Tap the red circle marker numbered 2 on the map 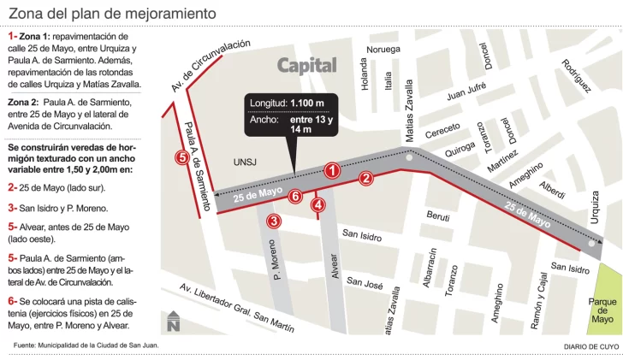366,179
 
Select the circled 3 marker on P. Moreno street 274,221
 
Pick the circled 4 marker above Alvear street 318,204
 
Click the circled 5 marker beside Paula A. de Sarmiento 181,157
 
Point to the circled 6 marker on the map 295,197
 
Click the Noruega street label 383,50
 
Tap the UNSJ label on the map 245,162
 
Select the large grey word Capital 307,66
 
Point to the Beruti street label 438,217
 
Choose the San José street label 365,283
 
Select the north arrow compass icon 174,321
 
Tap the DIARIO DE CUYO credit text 590,345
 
